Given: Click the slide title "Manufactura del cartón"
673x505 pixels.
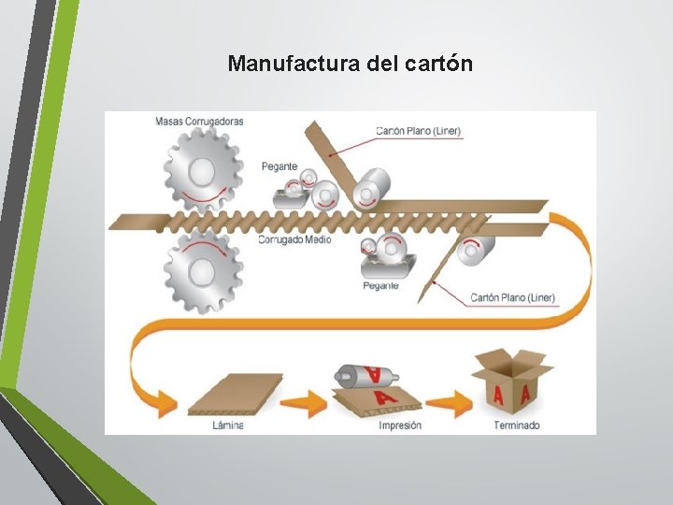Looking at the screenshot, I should [351, 65].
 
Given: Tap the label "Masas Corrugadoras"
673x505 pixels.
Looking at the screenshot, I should [199, 121].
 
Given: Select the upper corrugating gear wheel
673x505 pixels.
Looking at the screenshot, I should [203, 170].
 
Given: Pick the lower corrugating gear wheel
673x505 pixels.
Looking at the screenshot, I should [203, 271].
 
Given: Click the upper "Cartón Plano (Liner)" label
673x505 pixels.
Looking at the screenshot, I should [418, 131].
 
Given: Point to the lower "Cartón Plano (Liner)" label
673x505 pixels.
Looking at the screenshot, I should [512, 297].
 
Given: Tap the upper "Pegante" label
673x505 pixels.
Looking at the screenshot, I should [279, 166].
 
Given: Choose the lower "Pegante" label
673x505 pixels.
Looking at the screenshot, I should [380, 285].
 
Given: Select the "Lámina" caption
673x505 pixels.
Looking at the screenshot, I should [228, 426].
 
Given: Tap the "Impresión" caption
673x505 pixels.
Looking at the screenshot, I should [399, 426].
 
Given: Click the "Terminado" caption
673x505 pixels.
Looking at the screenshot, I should [516, 426].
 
